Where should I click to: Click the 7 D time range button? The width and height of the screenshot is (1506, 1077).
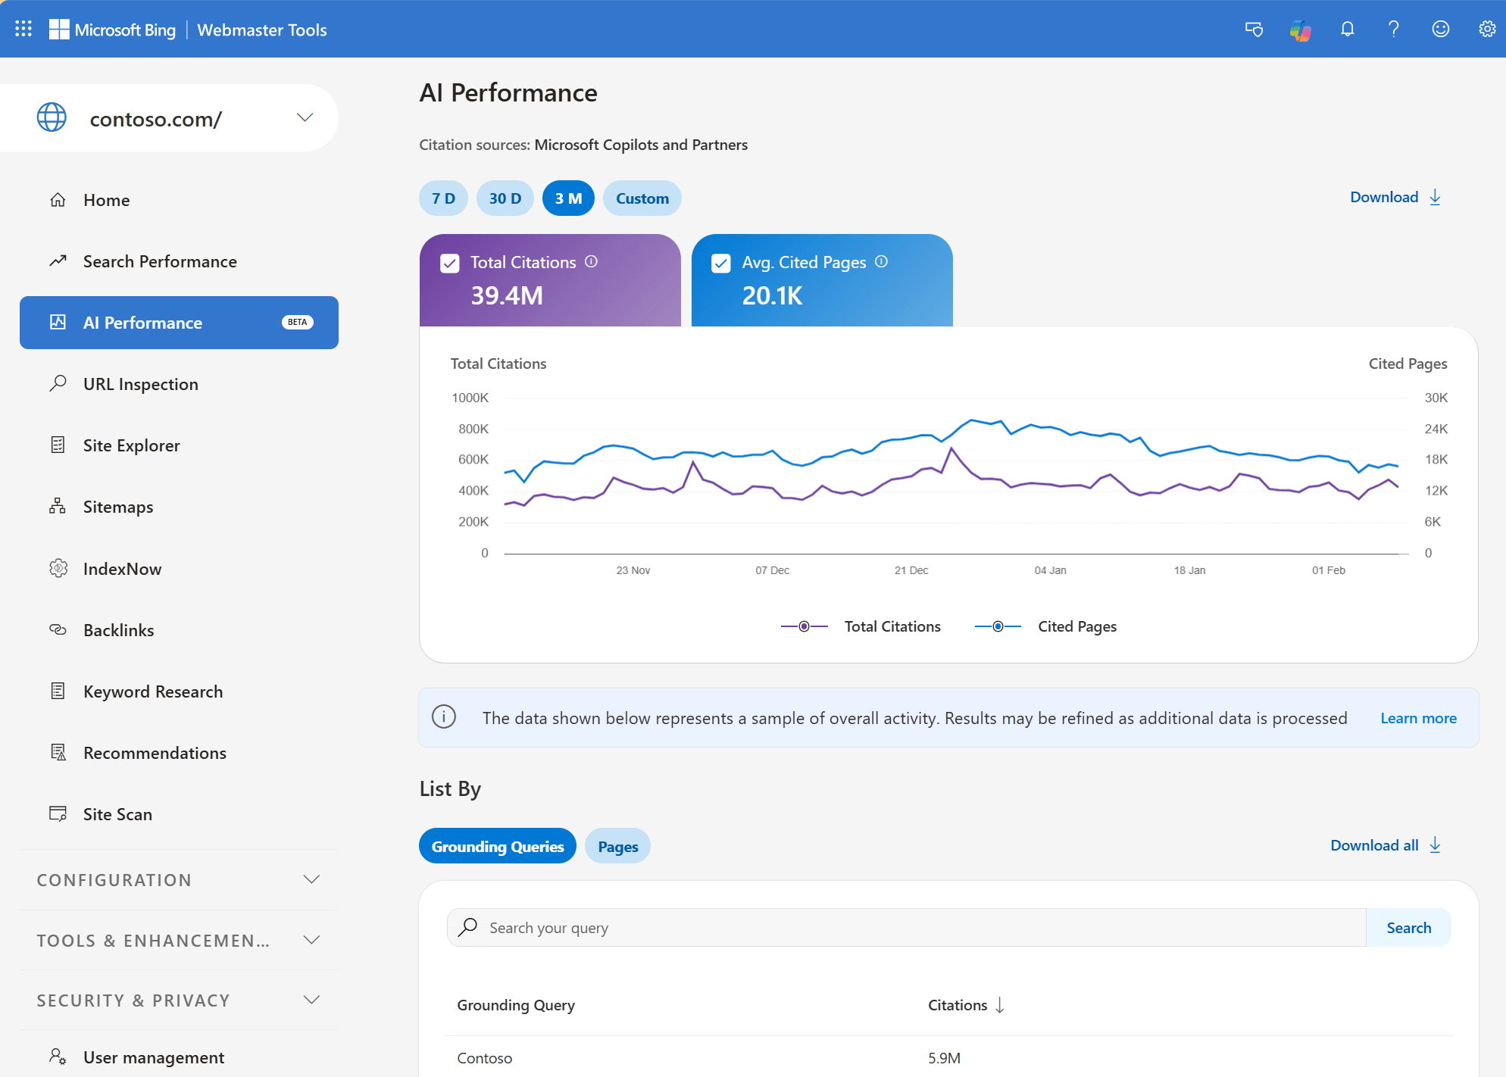pos(443,198)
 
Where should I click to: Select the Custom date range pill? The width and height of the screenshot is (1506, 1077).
pos(642,198)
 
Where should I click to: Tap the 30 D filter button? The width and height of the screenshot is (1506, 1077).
pos(505,198)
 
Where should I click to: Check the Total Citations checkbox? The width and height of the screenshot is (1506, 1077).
pos(450,263)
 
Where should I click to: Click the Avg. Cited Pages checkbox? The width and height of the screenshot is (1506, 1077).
pos(721,263)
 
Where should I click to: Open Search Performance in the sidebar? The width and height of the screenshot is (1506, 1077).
pos(160,261)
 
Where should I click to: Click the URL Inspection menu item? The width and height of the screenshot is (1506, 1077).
pos(140,384)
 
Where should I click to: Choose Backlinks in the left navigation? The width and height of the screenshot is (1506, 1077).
pos(118,630)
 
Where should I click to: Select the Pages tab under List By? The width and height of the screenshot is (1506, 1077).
pos(617,847)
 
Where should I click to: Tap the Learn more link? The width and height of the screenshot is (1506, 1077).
pos(1418,718)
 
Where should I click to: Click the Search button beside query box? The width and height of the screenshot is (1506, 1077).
pos(1408,928)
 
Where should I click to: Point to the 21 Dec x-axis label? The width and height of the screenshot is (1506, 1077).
pos(911,570)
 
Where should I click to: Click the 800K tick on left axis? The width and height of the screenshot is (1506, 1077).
pos(473,429)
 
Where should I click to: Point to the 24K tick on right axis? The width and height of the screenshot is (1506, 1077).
pos(1436,429)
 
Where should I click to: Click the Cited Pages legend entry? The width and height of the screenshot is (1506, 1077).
pos(1076,626)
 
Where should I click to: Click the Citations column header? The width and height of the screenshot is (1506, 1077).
pos(958,1005)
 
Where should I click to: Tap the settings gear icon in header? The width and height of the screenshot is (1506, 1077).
pos(1487,29)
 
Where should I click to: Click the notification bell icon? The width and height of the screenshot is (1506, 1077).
pos(1347,29)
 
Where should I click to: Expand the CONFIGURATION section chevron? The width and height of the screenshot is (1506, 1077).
pos(311,879)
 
